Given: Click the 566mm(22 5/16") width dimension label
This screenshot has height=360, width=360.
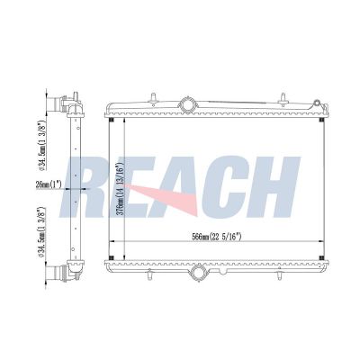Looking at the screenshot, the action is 217,237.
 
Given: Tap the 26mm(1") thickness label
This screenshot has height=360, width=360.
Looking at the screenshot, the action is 49,184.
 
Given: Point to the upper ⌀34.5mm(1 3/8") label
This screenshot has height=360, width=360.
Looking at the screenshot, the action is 42,145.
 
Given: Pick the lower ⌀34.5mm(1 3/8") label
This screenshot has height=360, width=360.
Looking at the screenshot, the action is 42,232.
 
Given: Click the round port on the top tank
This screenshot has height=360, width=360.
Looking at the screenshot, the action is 187,105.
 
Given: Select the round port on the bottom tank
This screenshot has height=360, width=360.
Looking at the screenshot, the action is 198,273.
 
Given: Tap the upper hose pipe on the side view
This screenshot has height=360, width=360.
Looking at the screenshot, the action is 55,103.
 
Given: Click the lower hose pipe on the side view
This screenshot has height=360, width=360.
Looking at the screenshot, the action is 55,273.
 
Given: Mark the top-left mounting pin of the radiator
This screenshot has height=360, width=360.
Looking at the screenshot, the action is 153,98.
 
